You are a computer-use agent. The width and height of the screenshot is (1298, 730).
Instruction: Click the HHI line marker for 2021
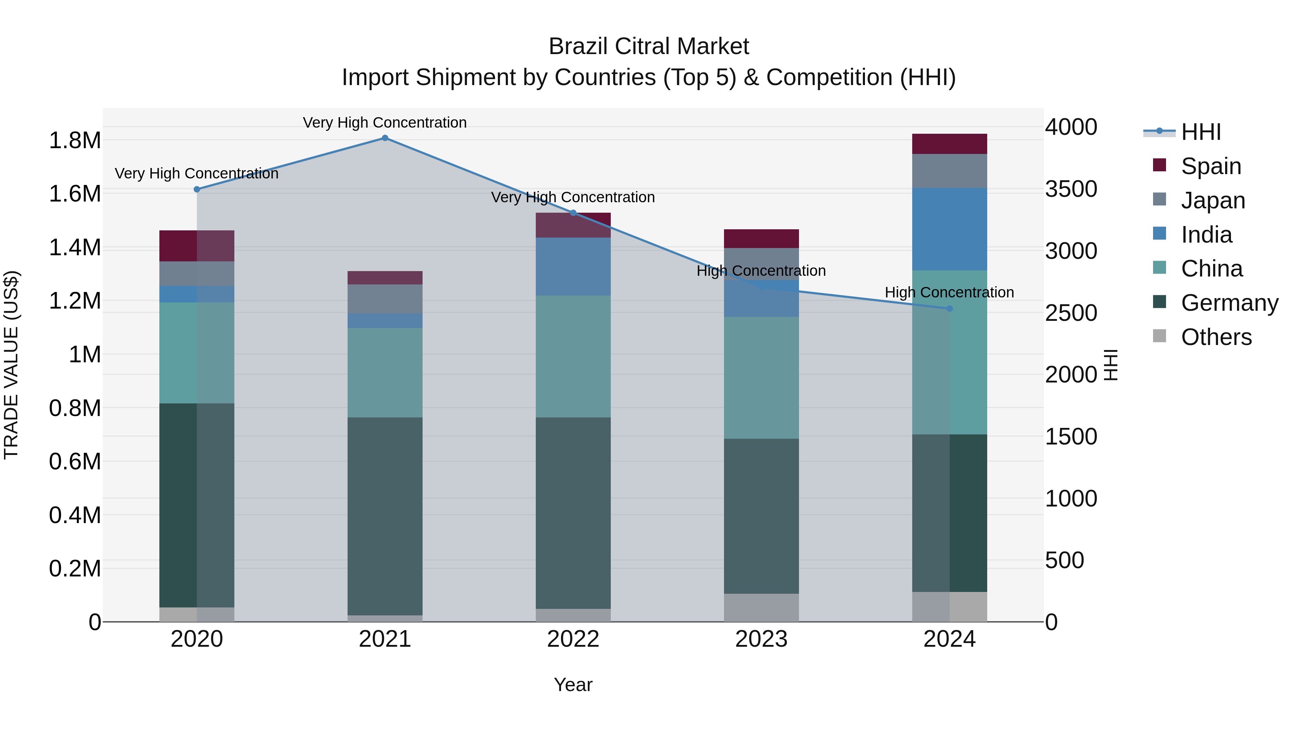pyautogui.click(x=385, y=138)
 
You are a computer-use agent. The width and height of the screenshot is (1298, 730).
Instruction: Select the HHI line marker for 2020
pyautogui.click(x=197, y=189)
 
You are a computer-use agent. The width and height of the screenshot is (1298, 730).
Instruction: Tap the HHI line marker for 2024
pyautogui.click(x=949, y=308)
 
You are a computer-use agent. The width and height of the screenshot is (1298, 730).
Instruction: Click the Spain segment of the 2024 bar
pyautogui.click(x=949, y=144)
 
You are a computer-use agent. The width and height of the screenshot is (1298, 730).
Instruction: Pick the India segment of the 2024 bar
pyautogui.click(x=949, y=229)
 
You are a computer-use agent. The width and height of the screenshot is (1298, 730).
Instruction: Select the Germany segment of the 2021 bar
pyautogui.click(x=385, y=516)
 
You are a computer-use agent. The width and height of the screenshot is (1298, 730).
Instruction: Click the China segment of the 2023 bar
pyautogui.click(x=761, y=378)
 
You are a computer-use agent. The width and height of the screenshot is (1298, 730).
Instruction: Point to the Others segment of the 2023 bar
pyautogui.click(x=761, y=607)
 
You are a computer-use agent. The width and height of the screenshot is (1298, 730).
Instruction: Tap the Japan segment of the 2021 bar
pyautogui.click(x=385, y=299)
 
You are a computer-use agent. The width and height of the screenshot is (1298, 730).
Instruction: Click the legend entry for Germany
pyautogui.click(x=1229, y=303)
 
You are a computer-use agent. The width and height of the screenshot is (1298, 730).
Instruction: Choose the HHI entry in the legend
pyautogui.click(x=1201, y=132)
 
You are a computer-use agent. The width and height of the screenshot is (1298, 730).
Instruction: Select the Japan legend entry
pyautogui.click(x=1213, y=200)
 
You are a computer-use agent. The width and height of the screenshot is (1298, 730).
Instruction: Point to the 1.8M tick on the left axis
pyautogui.click(x=75, y=141)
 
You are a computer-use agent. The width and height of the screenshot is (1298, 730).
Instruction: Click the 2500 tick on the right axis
pyautogui.click(x=1071, y=313)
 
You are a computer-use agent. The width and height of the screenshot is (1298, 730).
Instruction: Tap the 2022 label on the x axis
pyautogui.click(x=573, y=639)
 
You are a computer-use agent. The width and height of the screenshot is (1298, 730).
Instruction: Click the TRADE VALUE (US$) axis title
pyautogui.click(x=12, y=365)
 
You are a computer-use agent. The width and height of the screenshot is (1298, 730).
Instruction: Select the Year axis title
pyautogui.click(x=573, y=685)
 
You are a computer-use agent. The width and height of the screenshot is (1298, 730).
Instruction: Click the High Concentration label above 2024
pyautogui.click(x=949, y=292)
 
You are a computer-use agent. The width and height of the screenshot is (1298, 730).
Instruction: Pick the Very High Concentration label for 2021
pyautogui.click(x=385, y=123)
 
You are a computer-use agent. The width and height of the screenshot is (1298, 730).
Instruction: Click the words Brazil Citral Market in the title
pyautogui.click(x=649, y=47)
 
